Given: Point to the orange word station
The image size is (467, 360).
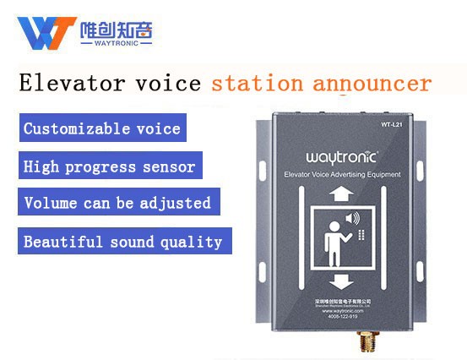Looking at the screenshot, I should click(257, 84).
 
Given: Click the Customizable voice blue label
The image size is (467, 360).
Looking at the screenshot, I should click(102, 129).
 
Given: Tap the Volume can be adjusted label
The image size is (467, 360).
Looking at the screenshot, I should click(117, 204).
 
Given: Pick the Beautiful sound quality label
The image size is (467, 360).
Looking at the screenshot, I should click(123, 242).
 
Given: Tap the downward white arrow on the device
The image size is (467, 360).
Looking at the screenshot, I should click(341, 280).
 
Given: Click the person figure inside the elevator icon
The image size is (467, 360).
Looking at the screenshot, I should click(334, 236).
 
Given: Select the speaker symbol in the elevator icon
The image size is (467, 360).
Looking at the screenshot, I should click(353, 219).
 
